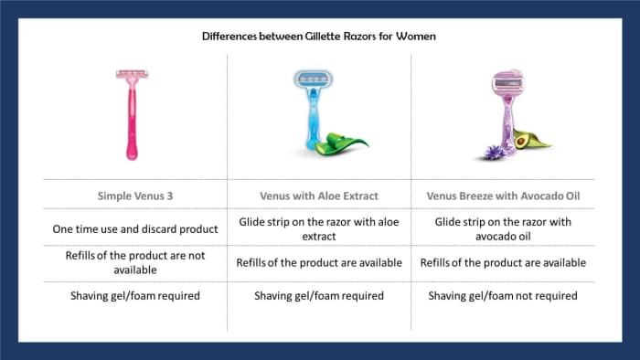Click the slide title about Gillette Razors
coord(319,37)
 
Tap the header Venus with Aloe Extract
coord(319,195)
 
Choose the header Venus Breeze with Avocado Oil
coord(503,195)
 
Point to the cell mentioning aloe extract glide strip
coord(319,228)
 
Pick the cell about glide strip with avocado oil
coord(503,228)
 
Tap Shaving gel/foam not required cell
coord(503,295)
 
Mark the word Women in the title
coord(416,37)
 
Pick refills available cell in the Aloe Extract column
coord(319,263)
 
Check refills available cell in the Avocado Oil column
coord(503,263)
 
